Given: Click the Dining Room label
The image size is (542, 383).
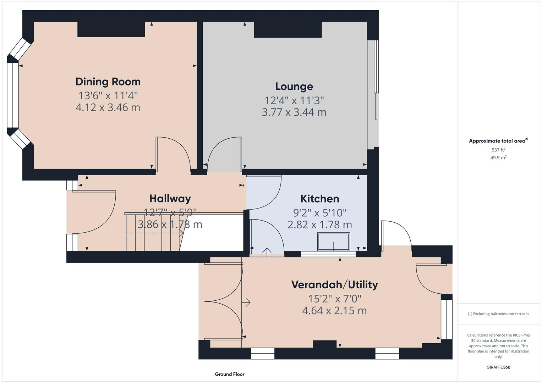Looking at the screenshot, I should pos(108,82).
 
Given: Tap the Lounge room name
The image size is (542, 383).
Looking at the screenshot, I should pos(294,87).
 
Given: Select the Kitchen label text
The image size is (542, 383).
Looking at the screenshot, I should pos(319,199).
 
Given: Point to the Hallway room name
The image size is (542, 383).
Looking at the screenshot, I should pos(170,199).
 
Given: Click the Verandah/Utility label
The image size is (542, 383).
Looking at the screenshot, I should pos(334,284).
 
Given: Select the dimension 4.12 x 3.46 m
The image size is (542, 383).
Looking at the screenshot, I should pos(108,107).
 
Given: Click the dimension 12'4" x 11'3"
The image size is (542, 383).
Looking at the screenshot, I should pos(294,100).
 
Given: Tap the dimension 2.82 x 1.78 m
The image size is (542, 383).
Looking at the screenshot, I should pos(319,224).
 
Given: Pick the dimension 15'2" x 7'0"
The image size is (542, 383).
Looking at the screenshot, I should pos(334,299).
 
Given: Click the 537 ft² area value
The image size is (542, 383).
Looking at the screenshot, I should pos(498,150).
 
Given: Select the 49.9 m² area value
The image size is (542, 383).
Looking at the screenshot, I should pos(498,158).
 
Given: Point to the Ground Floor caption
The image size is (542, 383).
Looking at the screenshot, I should pos(230,374).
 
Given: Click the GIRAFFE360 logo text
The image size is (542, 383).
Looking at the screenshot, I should pos(498,367).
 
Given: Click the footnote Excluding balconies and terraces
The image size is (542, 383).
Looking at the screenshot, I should pos(498,314).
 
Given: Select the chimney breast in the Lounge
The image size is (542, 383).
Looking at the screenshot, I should pos(288,29).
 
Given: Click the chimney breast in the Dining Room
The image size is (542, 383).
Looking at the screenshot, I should pos(111,29).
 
